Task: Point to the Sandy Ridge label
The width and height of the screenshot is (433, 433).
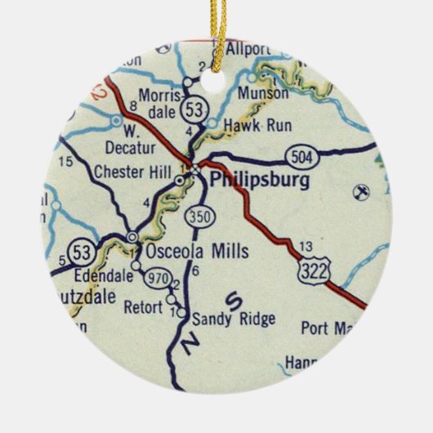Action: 234,319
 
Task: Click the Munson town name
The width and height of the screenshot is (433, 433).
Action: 263,93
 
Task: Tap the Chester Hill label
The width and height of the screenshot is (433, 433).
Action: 133,173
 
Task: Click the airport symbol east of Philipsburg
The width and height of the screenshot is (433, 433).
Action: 357,193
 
